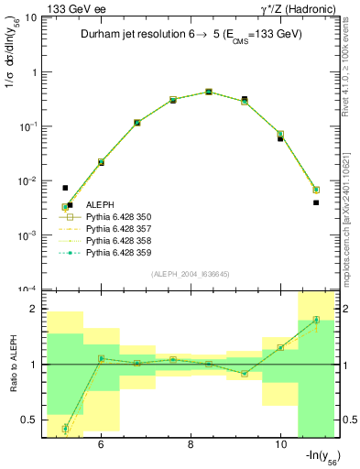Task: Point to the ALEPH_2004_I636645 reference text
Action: coord(190,273)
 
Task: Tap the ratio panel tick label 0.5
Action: coord(28,420)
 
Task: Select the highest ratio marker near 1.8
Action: coord(316,320)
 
